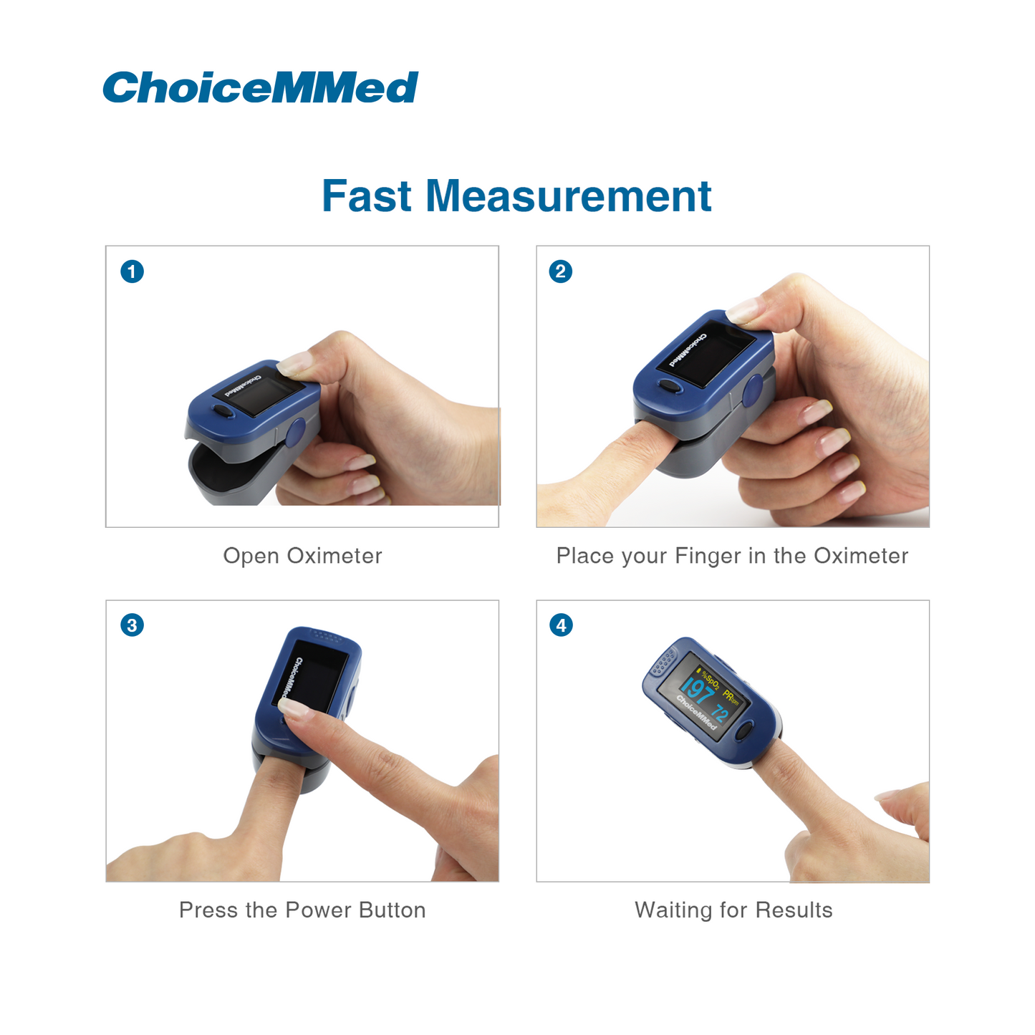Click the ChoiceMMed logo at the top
260,87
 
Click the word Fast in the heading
366,196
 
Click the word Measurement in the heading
569,196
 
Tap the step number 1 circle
132,271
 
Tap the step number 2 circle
561,271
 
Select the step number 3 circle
132,625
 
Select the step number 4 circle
562,625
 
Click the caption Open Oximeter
302,556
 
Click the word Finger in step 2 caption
708,556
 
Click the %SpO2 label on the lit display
710,680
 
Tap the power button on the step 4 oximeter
743,731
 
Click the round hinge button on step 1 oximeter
295,433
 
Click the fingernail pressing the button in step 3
295,709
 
